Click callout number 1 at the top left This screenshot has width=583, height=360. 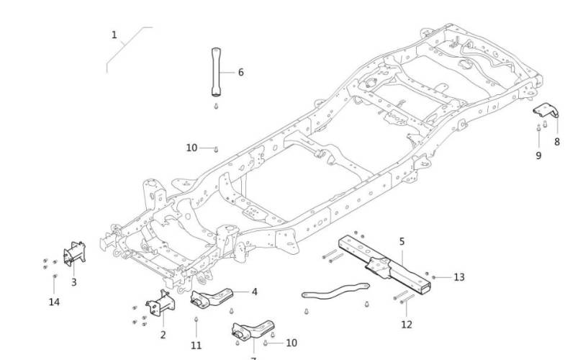coord(114,35)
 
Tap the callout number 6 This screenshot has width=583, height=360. coord(240,72)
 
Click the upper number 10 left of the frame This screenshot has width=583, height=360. coord(191,148)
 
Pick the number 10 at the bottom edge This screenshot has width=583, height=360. coord(291,343)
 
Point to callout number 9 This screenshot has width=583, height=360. coord(538,155)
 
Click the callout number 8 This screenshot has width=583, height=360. coord(556,142)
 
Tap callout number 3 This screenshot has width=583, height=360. coord(73,282)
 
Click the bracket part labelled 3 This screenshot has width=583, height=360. coord(75,255)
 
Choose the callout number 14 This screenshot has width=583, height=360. coord(54,302)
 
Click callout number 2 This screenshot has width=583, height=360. coord(163,334)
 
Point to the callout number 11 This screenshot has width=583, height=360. coord(196,346)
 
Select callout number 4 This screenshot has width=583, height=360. coord(254,292)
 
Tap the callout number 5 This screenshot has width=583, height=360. coord(402,241)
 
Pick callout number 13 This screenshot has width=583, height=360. coord(459,276)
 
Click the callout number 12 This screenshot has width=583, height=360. coord(407,325)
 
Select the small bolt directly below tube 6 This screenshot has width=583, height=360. coord(216,106)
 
